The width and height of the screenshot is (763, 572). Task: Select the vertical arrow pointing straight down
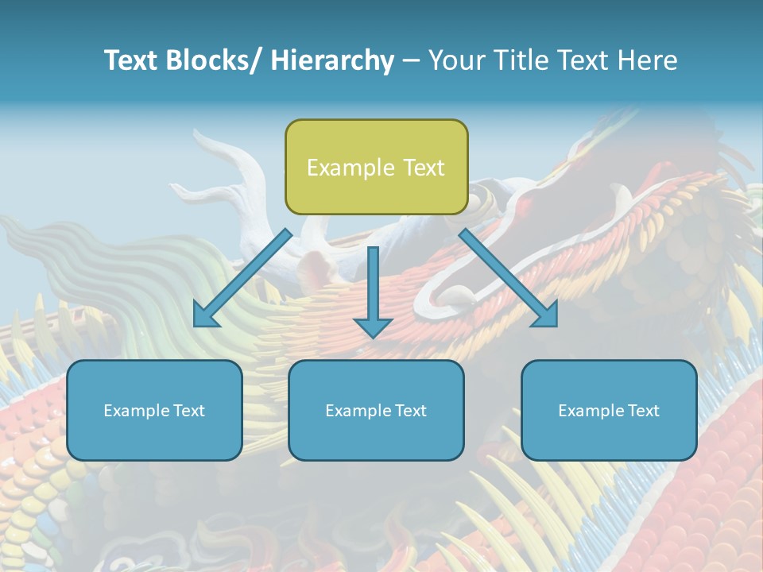(x=373, y=290)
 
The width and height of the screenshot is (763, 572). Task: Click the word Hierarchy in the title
(x=332, y=60)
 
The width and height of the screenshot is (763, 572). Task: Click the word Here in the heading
(x=649, y=60)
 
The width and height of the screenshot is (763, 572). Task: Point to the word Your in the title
(x=455, y=60)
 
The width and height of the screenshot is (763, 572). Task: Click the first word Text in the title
(x=131, y=60)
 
